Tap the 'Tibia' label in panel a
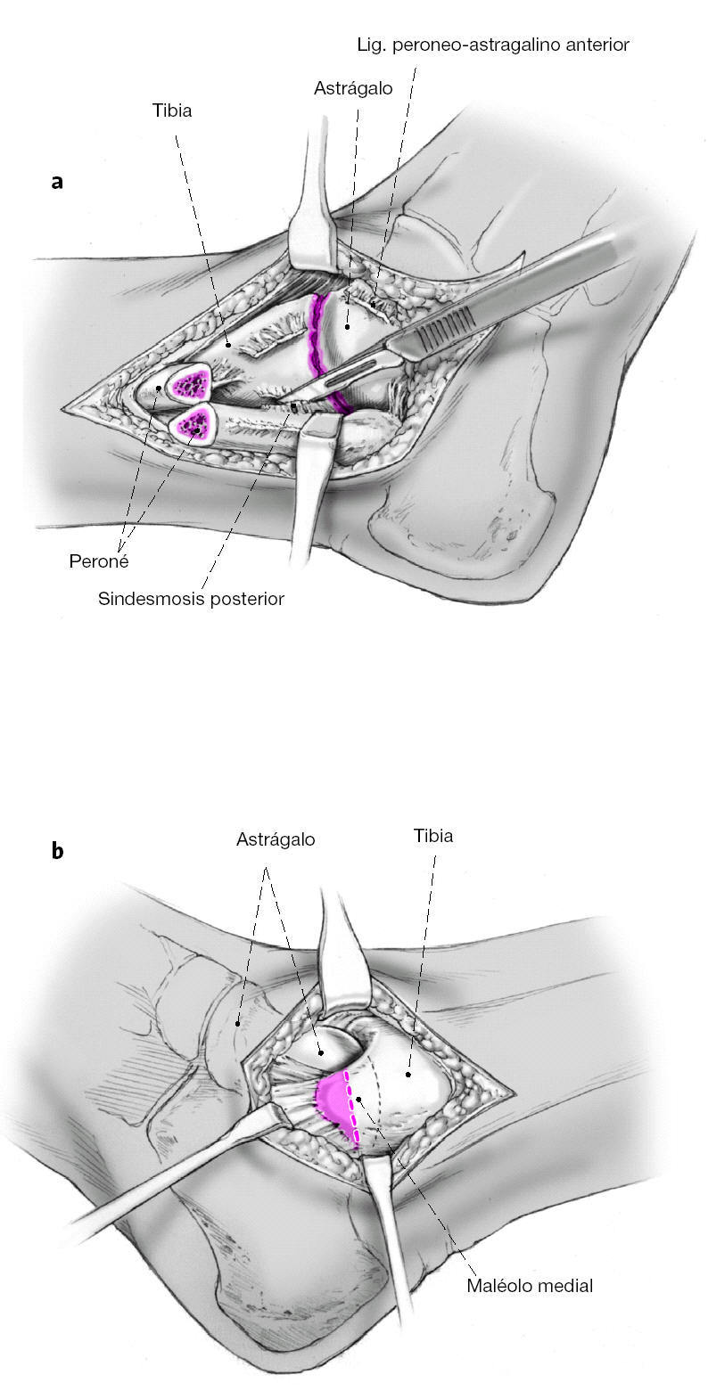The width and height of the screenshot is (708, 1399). pyautogui.click(x=173, y=111)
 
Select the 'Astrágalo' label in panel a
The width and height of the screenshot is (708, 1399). pyautogui.click(x=353, y=89)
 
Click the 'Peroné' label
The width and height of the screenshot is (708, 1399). pyautogui.click(x=99, y=562)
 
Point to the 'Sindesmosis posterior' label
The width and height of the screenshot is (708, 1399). pyautogui.click(x=191, y=599)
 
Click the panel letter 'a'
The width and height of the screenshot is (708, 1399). pyautogui.click(x=57, y=183)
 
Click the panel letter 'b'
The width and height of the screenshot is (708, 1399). pyautogui.click(x=57, y=851)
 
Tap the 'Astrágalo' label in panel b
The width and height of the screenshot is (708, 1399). pyautogui.click(x=276, y=839)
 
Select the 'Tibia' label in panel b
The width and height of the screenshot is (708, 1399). pyautogui.click(x=433, y=836)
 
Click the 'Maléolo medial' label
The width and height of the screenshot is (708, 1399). pyautogui.click(x=530, y=1285)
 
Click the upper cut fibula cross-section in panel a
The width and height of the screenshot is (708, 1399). pyautogui.click(x=189, y=384)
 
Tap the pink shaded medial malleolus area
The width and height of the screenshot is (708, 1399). pyautogui.click(x=334, y=1103)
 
